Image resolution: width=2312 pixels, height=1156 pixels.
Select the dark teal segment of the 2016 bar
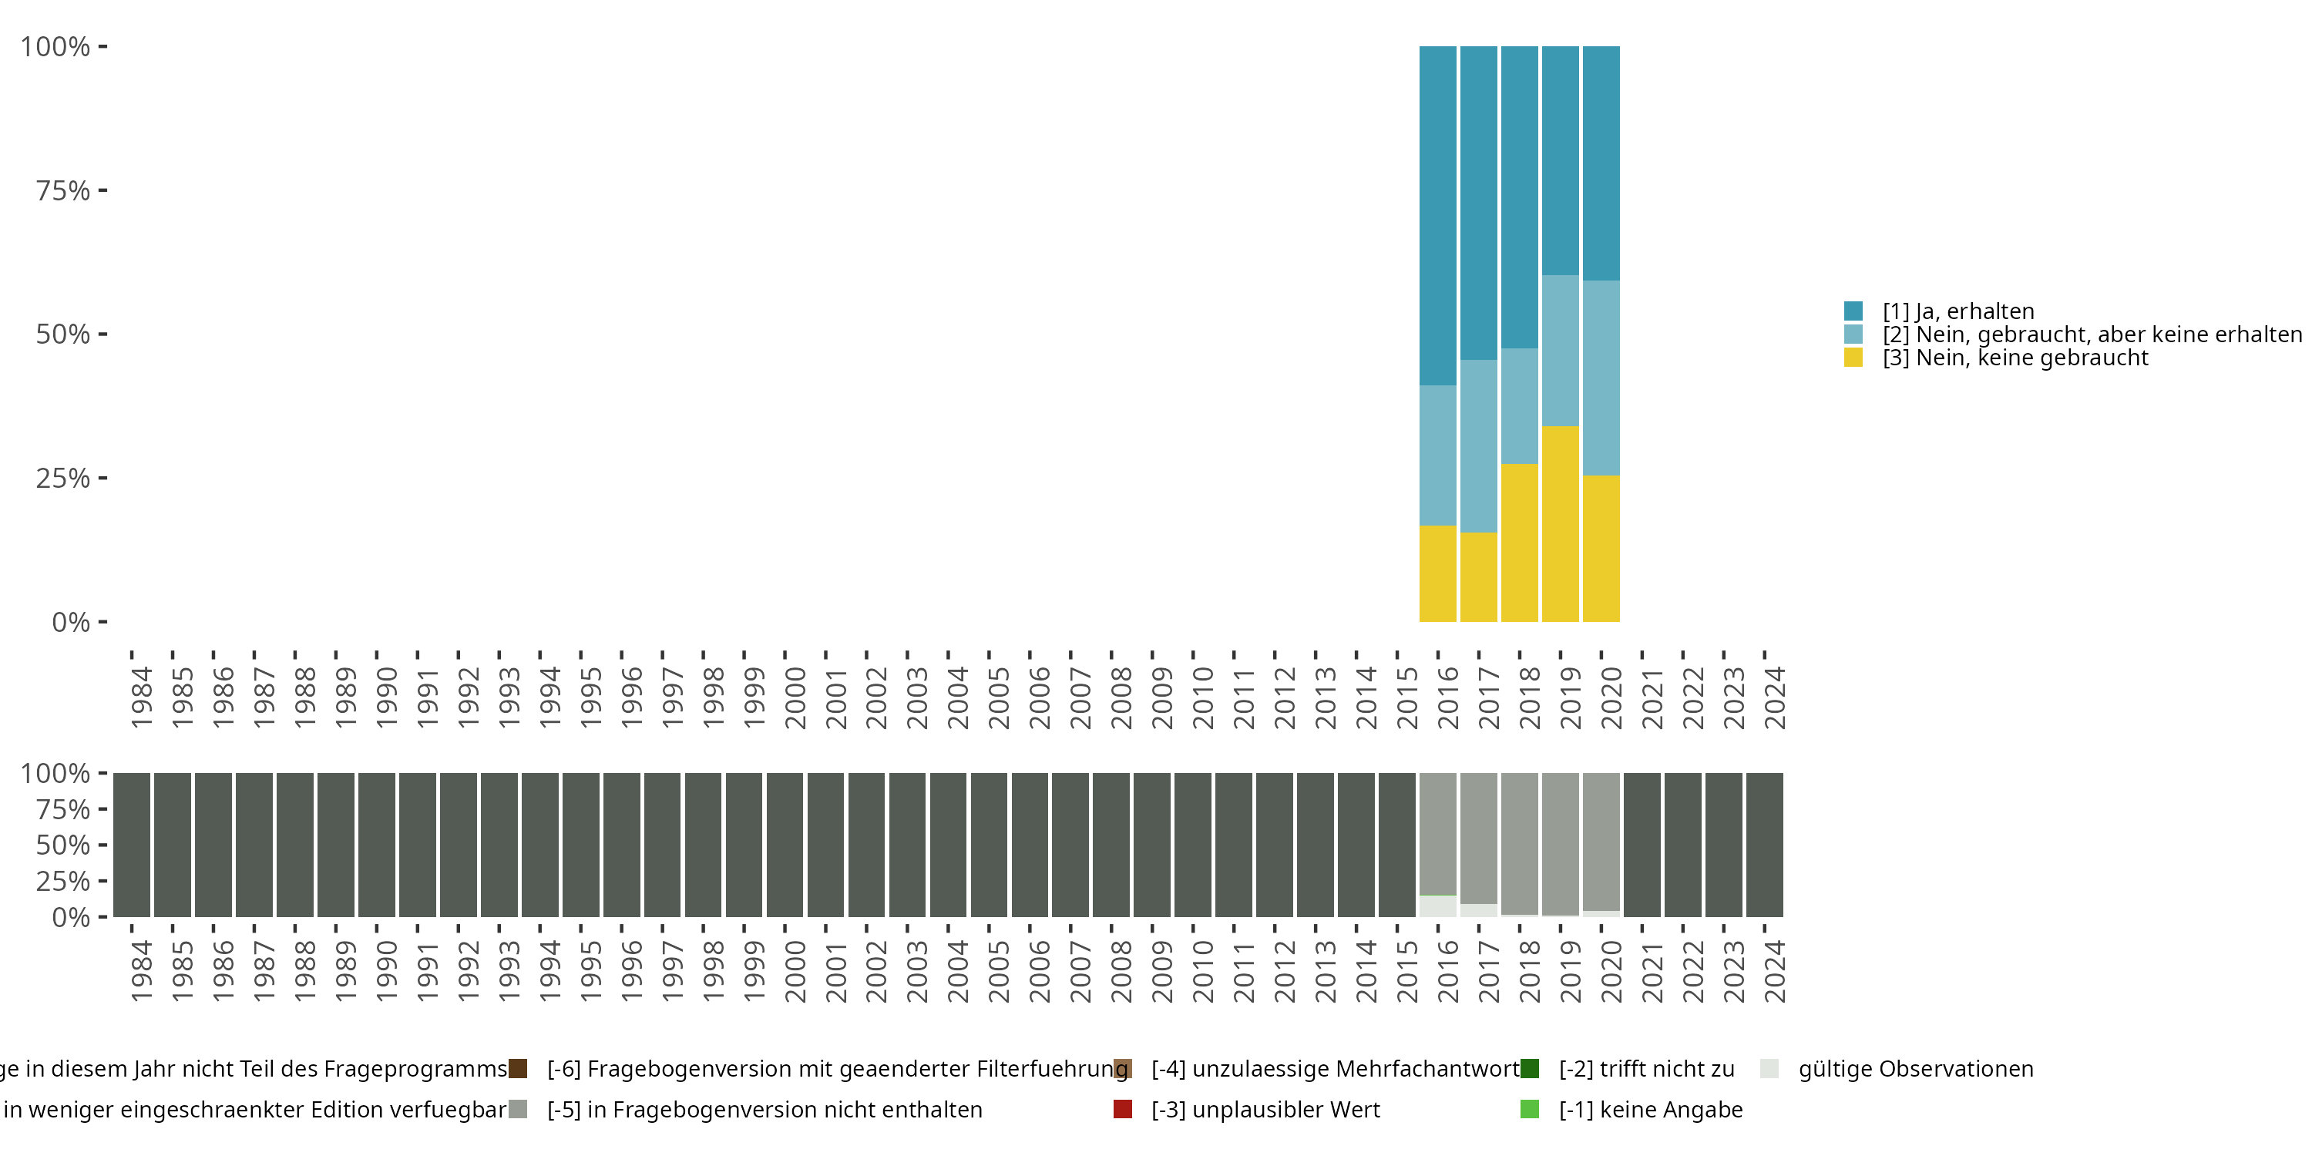(1437, 216)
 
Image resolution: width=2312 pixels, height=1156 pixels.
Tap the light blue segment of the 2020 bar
(1601, 378)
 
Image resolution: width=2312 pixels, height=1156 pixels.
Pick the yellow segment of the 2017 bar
(1478, 576)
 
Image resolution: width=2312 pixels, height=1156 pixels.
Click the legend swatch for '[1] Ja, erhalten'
(1853, 311)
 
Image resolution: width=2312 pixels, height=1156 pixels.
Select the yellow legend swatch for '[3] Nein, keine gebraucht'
(1853, 358)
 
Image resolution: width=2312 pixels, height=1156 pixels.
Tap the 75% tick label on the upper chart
(63, 190)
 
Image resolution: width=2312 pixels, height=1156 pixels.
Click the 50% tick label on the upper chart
(63, 334)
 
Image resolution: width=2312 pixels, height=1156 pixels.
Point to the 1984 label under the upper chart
(141, 697)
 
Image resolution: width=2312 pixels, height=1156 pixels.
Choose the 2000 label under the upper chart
(795, 697)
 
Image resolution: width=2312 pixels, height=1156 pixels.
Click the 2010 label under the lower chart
(1203, 971)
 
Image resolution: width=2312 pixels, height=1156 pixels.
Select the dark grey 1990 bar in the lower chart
(376, 845)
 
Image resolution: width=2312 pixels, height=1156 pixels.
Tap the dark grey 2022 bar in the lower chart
(1683, 845)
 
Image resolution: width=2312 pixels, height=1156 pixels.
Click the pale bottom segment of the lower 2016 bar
(1437, 906)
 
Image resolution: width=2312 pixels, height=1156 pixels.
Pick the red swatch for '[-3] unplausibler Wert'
(1122, 1109)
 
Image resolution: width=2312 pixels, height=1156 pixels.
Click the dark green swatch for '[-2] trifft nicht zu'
(1531, 1069)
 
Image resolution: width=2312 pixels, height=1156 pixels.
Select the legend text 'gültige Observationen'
(1915, 1069)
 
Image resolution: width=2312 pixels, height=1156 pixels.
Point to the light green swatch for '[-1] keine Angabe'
(1531, 1109)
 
